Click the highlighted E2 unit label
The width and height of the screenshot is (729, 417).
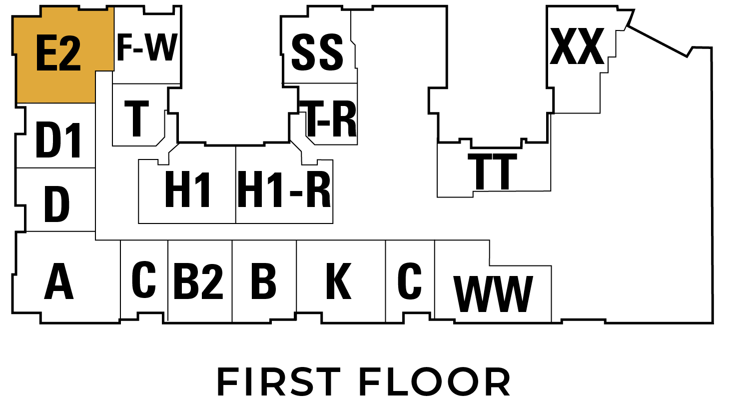(58, 53)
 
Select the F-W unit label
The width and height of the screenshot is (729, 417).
(147, 47)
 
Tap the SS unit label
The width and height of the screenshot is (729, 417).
(317, 52)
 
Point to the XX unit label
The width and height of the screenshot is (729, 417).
(577, 46)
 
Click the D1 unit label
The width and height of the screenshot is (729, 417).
(58, 140)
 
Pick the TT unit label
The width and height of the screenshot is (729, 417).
(492, 171)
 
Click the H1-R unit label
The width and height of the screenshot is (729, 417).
(284, 189)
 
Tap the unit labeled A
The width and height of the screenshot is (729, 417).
(59, 281)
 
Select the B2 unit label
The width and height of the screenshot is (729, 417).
(198, 281)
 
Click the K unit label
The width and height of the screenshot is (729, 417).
(339, 281)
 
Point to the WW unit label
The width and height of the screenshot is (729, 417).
(493, 294)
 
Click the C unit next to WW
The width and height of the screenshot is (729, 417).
(410, 281)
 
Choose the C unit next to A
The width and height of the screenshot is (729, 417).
(144, 279)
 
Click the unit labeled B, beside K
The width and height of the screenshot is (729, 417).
(264, 281)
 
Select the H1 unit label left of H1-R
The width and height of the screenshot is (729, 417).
(187, 189)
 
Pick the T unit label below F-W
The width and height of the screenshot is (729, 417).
(137, 118)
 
